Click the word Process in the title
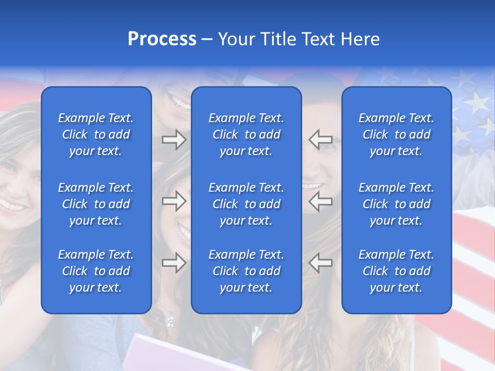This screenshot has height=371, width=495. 162,39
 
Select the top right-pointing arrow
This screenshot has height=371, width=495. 174,140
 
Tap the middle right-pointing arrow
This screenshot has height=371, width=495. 174,201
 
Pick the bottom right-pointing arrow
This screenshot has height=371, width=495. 174,263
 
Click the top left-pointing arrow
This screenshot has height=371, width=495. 321,140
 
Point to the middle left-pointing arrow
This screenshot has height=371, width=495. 321,201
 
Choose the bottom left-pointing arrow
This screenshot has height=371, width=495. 321,263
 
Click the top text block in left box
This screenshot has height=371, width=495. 96,134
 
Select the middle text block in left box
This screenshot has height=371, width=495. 96,204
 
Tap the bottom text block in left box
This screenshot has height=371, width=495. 96,271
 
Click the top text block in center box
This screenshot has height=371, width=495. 246,134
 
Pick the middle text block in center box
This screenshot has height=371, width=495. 246,204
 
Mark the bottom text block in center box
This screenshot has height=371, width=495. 246,271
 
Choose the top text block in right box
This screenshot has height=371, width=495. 396,134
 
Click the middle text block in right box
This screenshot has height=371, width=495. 396,204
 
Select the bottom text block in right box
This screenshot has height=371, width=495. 396,271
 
